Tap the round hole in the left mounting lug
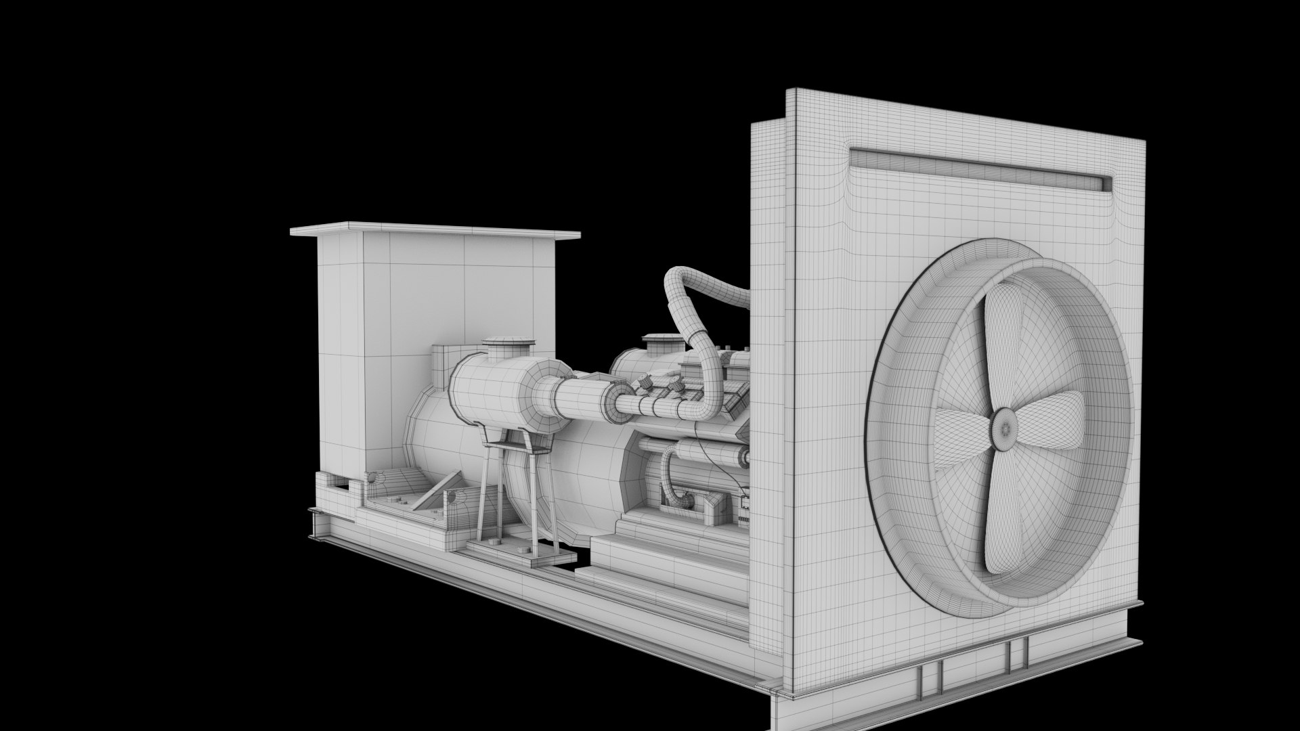pyautogui.click(x=373, y=479)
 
